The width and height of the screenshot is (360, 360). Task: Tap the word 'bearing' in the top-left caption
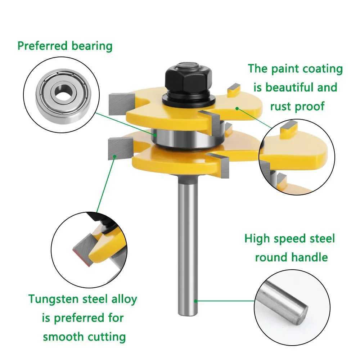pyautogui.click(x=91, y=46)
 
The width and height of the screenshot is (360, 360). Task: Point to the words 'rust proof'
pyautogui.click(x=297, y=106)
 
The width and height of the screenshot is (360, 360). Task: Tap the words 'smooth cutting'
pyautogui.click(x=84, y=337)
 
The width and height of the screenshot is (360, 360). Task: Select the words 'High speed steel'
pyautogui.click(x=289, y=238)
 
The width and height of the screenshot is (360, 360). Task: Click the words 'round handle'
pyautogui.click(x=291, y=257)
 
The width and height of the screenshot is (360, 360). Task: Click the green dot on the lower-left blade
pyautogui.click(x=114, y=156)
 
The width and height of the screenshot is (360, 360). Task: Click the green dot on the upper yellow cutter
pyautogui.click(x=237, y=108)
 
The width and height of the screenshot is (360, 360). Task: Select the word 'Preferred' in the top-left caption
pyautogui.click(x=43, y=46)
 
